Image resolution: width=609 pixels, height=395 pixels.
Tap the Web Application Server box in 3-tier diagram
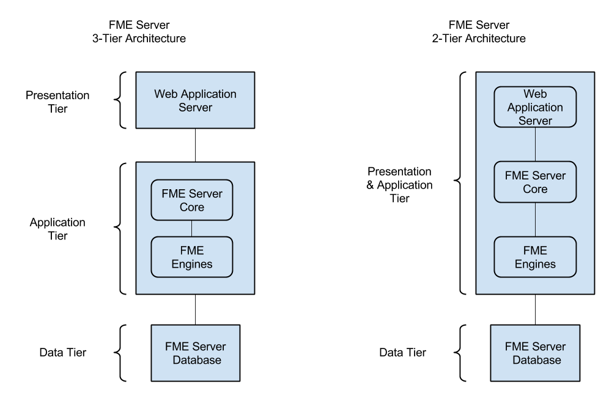point(195,100)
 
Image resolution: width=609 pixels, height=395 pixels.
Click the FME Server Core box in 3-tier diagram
point(192,200)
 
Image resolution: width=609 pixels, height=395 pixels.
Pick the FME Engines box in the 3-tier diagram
point(192,257)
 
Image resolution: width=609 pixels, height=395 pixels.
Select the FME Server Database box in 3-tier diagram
point(196,353)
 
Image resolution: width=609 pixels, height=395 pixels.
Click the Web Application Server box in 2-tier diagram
point(535,107)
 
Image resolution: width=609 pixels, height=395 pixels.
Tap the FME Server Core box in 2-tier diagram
point(535,182)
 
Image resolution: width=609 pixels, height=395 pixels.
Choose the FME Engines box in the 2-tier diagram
point(535,257)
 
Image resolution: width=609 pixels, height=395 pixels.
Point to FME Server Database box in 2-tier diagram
point(536,353)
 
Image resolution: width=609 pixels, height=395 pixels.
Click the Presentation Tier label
point(57,102)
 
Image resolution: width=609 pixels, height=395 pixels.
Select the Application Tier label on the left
point(57,228)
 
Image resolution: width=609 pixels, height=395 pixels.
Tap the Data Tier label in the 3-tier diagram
point(63,352)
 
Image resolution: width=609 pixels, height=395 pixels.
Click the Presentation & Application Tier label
point(399,185)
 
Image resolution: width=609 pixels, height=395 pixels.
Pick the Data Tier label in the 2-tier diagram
point(403,352)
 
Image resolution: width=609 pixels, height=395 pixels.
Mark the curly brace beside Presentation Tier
point(122,100)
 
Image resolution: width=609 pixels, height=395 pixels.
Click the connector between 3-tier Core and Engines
point(192,228)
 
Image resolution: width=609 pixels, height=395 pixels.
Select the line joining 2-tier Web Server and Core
point(536,145)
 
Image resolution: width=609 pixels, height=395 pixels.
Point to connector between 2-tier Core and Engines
point(536,219)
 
